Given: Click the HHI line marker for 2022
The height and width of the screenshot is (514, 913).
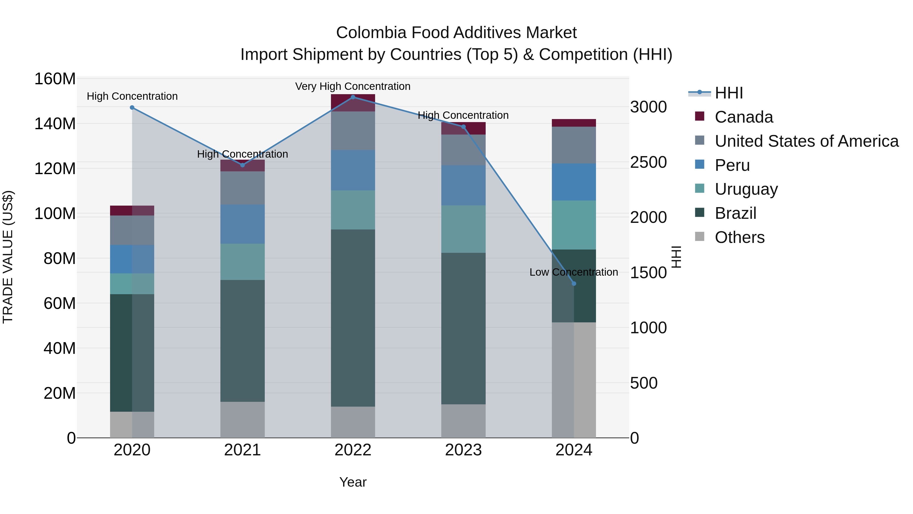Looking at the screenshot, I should pos(353,97).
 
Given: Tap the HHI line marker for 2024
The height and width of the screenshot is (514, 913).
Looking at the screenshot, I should pos(574,284).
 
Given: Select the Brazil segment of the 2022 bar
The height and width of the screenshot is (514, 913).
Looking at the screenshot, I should pos(353,318).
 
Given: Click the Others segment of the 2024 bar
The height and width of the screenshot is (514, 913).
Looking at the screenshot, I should pos(574,379).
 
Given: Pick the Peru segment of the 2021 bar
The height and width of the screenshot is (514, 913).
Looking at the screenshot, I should pos(242,224).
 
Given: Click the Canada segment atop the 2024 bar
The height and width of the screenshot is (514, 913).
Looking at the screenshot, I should pos(574,123).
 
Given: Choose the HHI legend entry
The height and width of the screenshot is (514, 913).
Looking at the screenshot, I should pos(728,93).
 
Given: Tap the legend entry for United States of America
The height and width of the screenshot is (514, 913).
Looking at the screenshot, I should pos(806,141).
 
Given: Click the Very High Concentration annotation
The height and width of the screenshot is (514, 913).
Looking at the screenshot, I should pos(353,86).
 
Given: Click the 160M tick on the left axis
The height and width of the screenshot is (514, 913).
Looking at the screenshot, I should pos(55,79).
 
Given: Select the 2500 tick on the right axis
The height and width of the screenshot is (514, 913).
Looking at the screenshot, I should pos(648,162).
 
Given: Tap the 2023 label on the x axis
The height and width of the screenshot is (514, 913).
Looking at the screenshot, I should pos(463,450).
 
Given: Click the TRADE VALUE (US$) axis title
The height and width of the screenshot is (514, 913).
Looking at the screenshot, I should pos(8,257).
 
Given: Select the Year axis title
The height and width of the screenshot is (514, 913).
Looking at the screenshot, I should pos(353,482).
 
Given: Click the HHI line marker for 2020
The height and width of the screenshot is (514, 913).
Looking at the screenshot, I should pos(132,107).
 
